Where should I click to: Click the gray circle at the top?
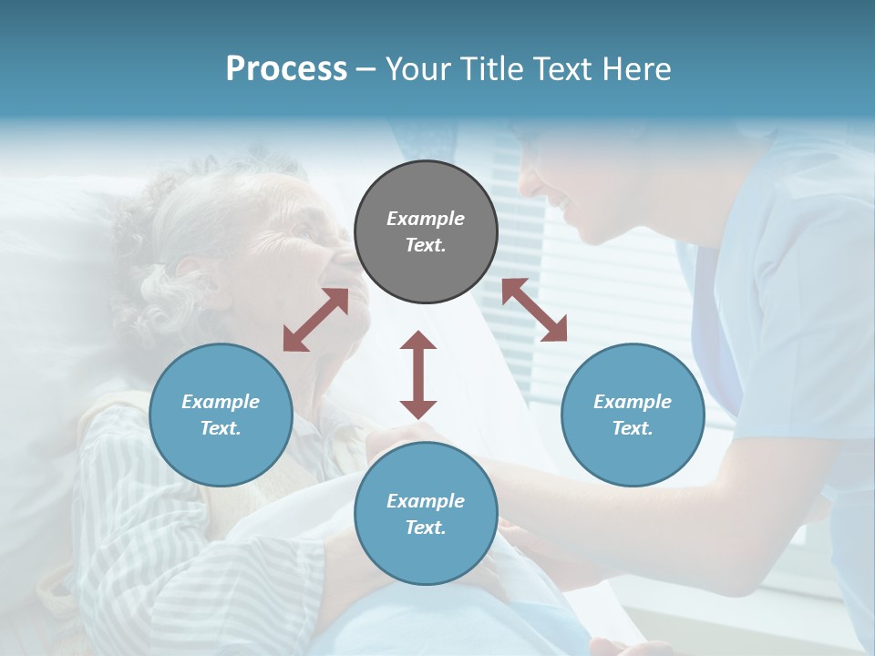click(426, 232)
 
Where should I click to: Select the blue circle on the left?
click(221, 415)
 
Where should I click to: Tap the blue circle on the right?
click(633, 415)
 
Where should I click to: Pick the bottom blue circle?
click(426, 514)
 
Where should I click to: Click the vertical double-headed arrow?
click(418, 374)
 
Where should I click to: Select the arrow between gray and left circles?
click(315, 320)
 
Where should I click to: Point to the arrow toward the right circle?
click(534, 310)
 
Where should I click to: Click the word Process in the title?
click(286, 68)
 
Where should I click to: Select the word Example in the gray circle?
click(426, 219)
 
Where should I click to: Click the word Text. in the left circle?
click(221, 428)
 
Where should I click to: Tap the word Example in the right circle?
click(633, 402)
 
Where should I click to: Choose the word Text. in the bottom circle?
click(426, 528)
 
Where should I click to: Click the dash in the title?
click(366, 69)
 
